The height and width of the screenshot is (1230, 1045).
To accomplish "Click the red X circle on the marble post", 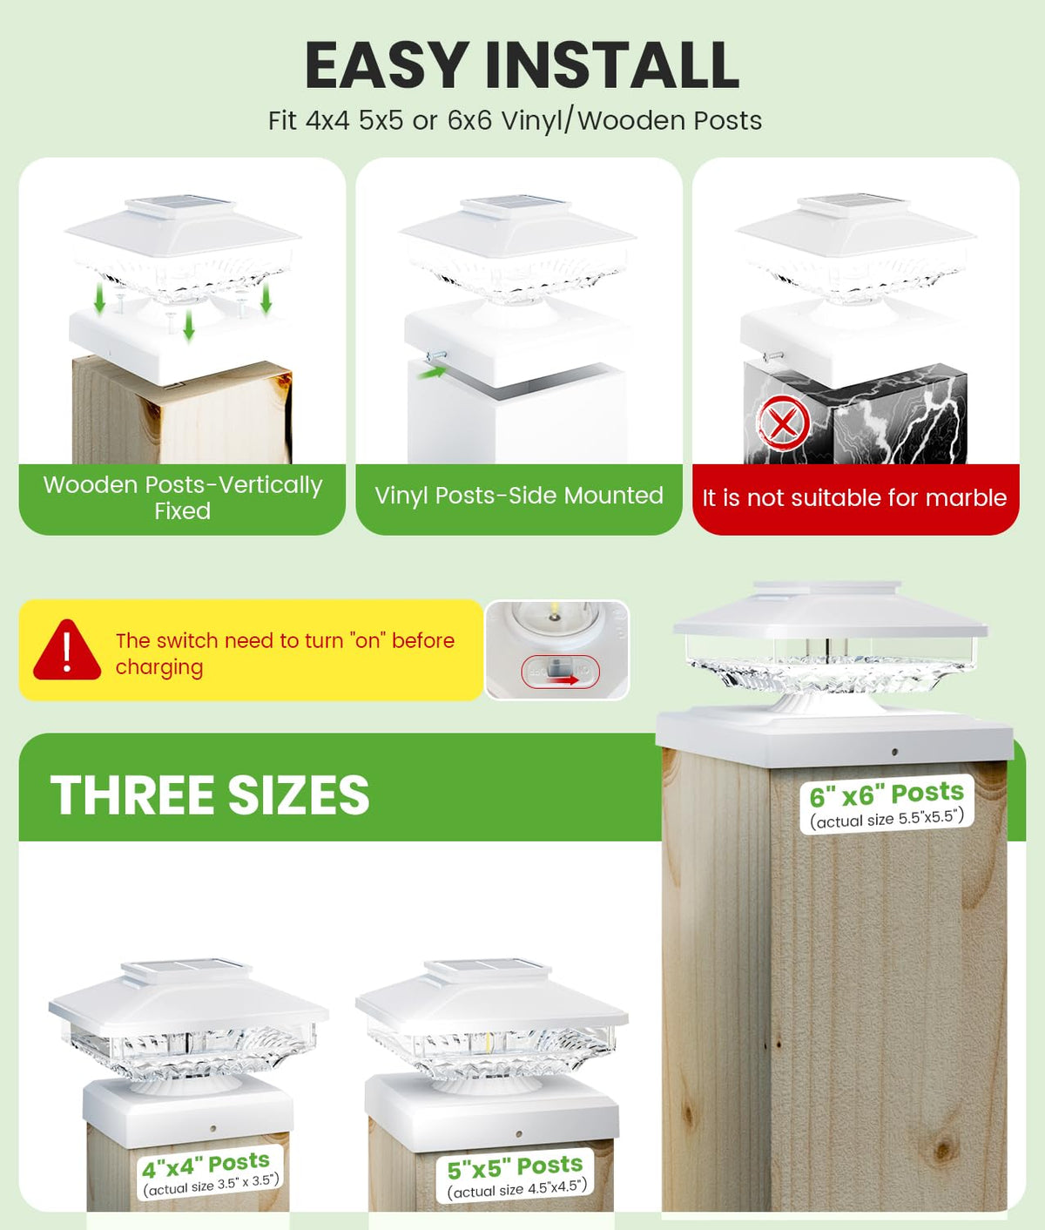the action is click(783, 423).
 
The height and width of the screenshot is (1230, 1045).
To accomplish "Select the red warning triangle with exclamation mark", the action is click(67, 650).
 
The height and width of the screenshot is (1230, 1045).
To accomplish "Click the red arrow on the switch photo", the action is click(562, 679).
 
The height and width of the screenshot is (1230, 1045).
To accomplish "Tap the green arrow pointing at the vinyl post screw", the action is click(432, 373).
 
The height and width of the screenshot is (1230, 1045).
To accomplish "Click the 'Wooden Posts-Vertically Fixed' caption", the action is click(183, 497).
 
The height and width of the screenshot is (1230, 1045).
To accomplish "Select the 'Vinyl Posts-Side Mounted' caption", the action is click(519, 495).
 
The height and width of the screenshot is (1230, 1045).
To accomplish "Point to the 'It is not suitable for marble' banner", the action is click(854, 497).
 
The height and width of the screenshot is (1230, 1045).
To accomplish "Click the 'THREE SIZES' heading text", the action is click(210, 794).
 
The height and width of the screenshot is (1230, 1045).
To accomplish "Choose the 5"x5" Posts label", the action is click(516, 1177).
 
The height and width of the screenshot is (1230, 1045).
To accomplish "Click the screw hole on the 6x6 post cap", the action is click(895, 752).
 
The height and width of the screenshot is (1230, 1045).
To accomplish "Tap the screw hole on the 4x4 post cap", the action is click(213, 1128).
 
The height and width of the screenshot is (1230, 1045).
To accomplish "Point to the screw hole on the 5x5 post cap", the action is click(519, 1134).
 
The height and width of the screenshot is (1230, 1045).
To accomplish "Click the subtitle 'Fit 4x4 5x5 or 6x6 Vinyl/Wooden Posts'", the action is click(515, 120).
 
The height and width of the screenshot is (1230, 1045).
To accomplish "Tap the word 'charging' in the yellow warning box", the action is click(159, 667).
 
